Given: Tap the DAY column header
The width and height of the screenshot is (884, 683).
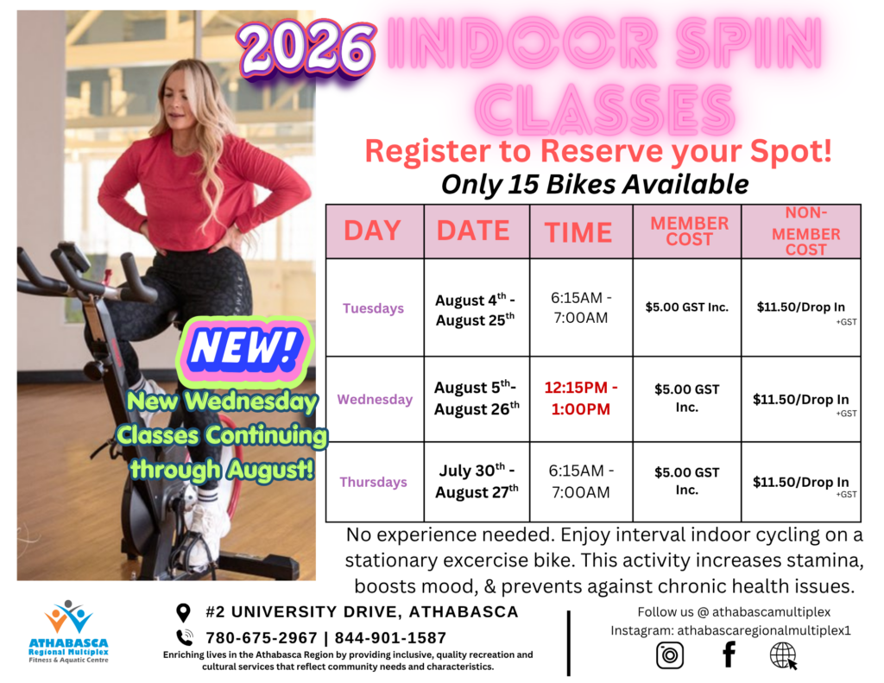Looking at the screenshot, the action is pyautogui.click(x=373, y=231).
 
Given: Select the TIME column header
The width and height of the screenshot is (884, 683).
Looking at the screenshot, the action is pyautogui.click(x=578, y=232).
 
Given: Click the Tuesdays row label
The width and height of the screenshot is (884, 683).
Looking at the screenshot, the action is pyautogui.click(x=373, y=308).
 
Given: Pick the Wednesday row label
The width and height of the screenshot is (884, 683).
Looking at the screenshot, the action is pyautogui.click(x=375, y=399).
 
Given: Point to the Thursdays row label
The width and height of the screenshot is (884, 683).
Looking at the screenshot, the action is pyautogui.click(x=373, y=482).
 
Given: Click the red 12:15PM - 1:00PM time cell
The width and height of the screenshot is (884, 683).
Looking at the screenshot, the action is pyautogui.click(x=581, y=398).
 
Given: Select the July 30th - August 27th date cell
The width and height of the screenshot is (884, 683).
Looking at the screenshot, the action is pyautogui.click(x=477, y=481).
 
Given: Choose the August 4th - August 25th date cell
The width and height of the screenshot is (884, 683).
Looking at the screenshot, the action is pyautogui.click(x=476, y=310).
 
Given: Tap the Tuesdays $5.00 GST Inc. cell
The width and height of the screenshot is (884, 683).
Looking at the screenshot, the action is pyautogui.click(x=686, y=307).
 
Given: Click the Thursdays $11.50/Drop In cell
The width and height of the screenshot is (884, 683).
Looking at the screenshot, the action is pyautogui.click(x=801, y=483).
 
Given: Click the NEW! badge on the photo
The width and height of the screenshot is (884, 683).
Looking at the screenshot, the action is pyautogui.click(x=244, y=349).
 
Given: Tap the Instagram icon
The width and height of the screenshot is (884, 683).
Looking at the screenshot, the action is pyautogui.click(x=670, y=655).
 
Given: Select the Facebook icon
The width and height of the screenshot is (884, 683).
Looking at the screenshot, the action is pyautogui.click(x=729, y=655).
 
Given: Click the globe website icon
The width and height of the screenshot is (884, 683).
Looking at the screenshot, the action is pyautogui.click(x=783, y=655).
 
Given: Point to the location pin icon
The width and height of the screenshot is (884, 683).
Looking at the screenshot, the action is pyautogui.click(x=183, y=612).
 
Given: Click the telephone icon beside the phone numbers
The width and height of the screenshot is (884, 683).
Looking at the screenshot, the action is pyautogui.click(x=185, y=637).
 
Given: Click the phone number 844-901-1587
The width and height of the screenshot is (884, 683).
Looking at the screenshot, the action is pyautogui.click(x=390, y=638).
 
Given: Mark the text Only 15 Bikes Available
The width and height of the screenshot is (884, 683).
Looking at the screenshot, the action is pyautogui.click(x=595, y=185).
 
